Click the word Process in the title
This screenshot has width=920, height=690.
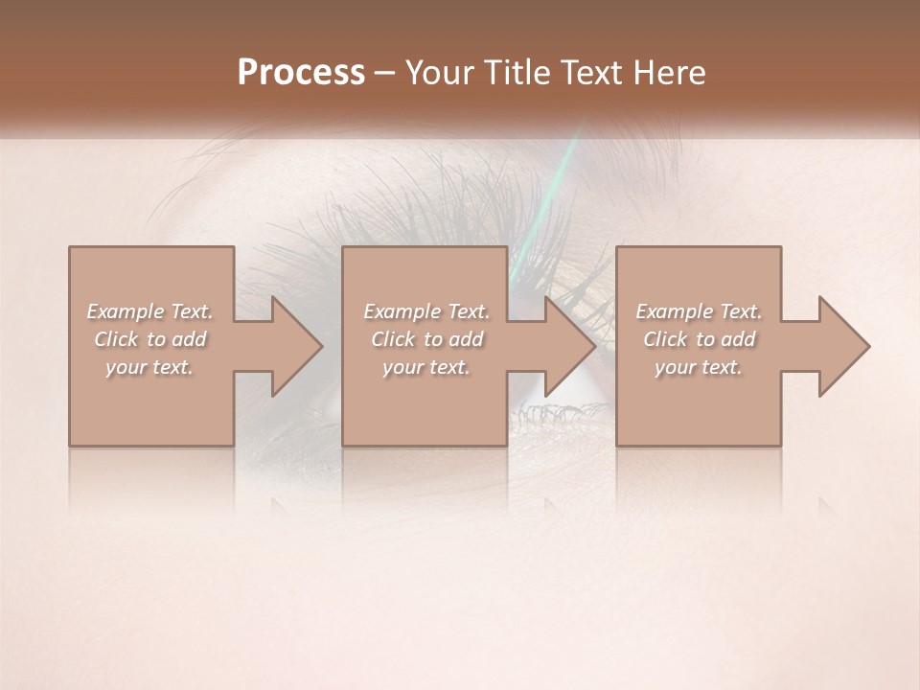pyautogui.click(x=301, y=73)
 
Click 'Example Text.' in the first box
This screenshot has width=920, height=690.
pyautogui.click(x=149, y=311)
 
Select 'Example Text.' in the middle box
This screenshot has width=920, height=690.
pyautogui.click(x=426, y=311)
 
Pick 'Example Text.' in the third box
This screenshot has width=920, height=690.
pyautogui.click(x=699, y=311)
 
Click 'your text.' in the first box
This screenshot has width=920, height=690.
pyautogui.click(x=149, y=367)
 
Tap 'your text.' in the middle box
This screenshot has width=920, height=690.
pyautogui.click(x=426, y=367)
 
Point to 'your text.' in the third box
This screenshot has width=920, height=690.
pyautogui.click(x=699, y=367)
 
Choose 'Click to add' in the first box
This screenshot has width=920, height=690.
pyautogui.click(x=150, y=339)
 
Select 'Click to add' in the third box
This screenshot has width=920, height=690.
pyautogui.click(x=700, y=339)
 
